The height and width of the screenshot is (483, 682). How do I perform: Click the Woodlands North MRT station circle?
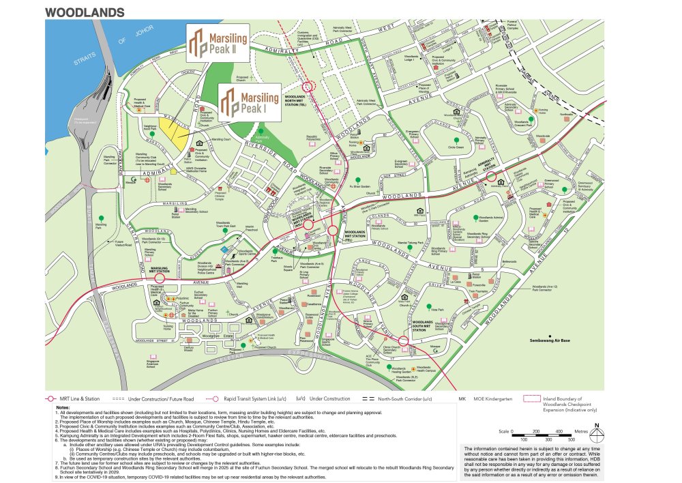tap(308, 87)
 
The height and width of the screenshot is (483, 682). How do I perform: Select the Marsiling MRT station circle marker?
tap(160, 278)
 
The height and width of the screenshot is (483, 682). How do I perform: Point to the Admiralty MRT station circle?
tap(491, 176)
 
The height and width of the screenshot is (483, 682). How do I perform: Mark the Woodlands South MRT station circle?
tap(403, 340)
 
